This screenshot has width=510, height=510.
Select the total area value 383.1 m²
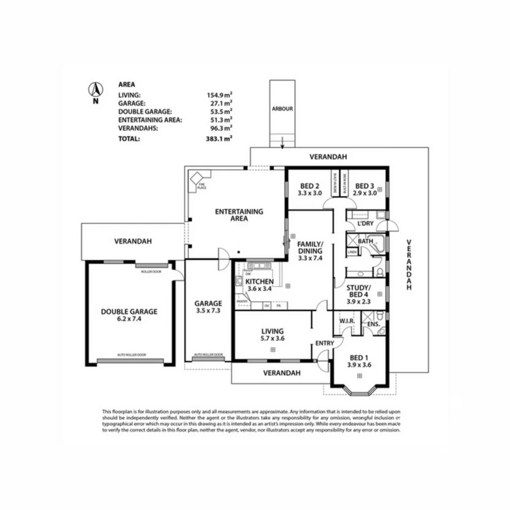(218, 139)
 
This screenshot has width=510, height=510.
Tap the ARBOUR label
(282, 109)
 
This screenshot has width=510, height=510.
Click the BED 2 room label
(310, 186)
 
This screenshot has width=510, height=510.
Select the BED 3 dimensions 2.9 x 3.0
(366, 193)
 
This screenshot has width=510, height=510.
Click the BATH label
(365, 241)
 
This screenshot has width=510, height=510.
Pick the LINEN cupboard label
(352, 253)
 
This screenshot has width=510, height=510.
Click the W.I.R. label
(347, 322)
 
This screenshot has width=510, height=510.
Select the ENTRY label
(324, 343)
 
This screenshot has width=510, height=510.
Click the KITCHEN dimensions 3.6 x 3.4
(259, 289)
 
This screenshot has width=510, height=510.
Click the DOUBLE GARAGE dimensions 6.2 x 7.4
(129, 319)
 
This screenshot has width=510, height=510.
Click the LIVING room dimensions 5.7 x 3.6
(272, 338)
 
